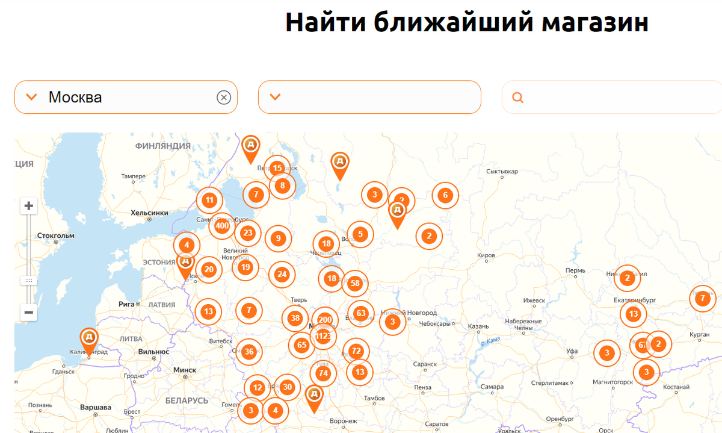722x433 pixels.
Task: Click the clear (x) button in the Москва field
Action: [224, 97]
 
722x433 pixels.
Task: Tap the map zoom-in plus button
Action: [28, 206]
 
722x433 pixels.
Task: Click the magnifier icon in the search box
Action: [517, 98]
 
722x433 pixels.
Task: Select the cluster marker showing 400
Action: [222, 226]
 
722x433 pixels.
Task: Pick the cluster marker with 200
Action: [325, 320]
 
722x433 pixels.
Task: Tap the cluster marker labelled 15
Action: [277, 168]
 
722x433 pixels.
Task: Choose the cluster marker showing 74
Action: [324, 373]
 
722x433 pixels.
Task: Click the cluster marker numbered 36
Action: [249, 352]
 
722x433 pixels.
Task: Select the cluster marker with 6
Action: [445, 195]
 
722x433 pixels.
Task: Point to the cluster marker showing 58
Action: [355, 283]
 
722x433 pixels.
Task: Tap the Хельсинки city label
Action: [149, 213]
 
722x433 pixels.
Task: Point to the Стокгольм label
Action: [55, 235]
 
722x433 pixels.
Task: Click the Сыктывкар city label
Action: [502, 172]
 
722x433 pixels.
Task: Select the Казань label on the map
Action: [478, 326]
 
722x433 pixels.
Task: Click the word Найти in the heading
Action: [325, 22]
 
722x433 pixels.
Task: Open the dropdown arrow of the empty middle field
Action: [276, 97]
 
